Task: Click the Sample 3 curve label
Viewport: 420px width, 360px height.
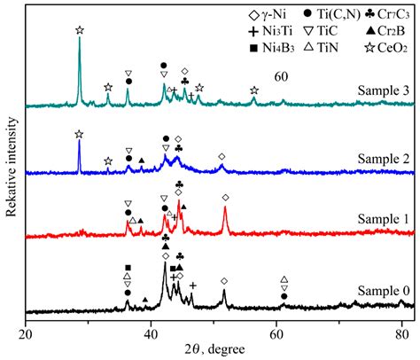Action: [384, 90]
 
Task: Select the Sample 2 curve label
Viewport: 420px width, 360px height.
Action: [384, 159]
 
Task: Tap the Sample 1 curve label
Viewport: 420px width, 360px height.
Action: [384, 219]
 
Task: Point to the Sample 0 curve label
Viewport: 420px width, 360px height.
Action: [384, 291]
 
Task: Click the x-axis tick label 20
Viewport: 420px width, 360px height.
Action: [26, 334]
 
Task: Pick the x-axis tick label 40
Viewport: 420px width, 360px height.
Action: [152, 334]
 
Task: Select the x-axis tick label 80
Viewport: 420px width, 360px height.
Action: [401, 334]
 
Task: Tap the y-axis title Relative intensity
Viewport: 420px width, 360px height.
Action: [11, 167]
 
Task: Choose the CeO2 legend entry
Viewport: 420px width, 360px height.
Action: [386, 48]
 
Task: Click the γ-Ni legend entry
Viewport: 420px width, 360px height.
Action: [268, 14]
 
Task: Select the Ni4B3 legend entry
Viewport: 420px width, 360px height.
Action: [272, 48]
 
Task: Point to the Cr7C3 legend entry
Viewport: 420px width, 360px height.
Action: [387, 14]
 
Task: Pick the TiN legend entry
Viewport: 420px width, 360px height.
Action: [321, 48]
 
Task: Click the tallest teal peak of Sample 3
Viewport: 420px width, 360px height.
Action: [79, 37]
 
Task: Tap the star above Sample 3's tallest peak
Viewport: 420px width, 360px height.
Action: [80, 30]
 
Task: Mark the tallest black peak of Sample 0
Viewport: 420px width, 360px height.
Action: [165, 262]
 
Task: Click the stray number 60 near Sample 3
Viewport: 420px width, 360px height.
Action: [281, 77]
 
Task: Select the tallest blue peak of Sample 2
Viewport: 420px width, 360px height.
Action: [79, 140]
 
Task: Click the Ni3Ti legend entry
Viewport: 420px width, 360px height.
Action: [271, 31]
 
